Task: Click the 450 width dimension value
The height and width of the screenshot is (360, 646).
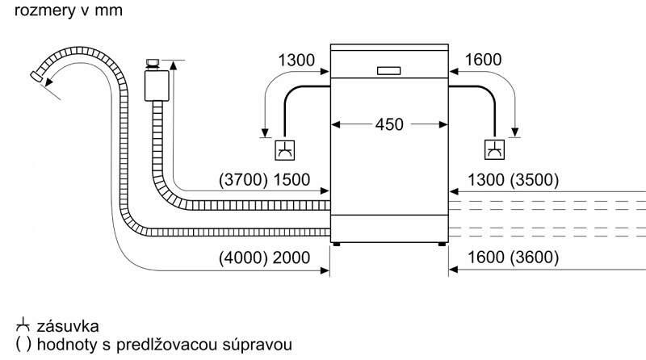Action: coord(390,125)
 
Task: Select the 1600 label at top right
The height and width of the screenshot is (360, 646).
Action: coord(484,59)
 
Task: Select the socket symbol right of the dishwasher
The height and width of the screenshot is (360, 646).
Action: coord(493,149)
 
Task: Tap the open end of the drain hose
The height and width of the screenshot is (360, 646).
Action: coord(36,76)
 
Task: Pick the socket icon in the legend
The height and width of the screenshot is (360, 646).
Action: coord(21,326)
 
